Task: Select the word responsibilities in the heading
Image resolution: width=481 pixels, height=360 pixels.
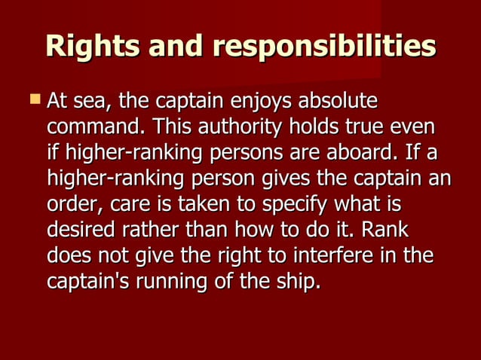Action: pos(324,47)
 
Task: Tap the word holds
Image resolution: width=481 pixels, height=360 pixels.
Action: pos(315,127)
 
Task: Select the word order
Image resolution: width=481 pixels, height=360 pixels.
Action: pos(74,204)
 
